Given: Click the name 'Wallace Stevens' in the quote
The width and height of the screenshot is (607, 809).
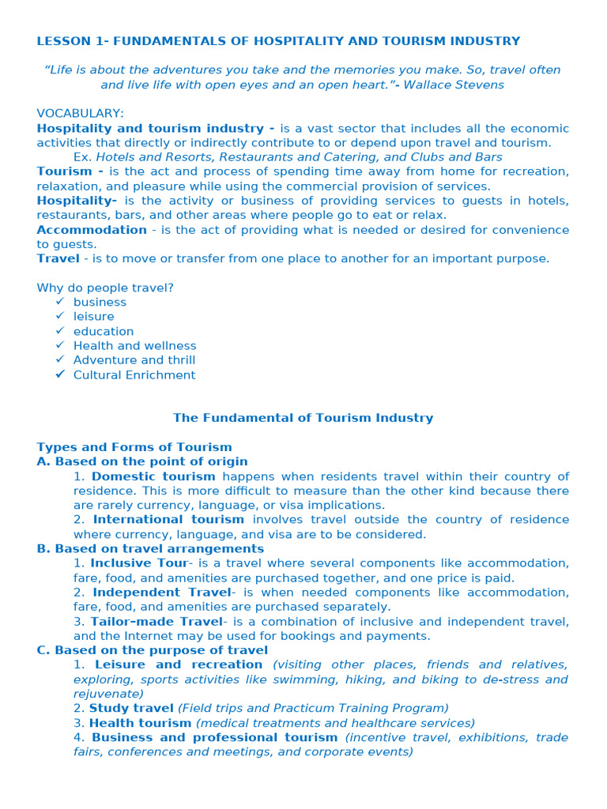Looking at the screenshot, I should coord(456,85).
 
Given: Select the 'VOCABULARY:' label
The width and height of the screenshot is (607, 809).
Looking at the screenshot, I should coord(80,114).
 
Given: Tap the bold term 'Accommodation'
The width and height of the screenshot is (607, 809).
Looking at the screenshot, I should coord(92,230).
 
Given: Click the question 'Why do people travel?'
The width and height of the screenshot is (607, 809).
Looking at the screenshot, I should coord(105,288).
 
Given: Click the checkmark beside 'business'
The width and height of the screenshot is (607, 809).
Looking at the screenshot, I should coord(60,302).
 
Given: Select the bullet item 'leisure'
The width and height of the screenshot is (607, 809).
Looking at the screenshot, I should coord(93,317).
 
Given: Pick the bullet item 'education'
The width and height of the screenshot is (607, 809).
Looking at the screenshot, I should coord(104,331).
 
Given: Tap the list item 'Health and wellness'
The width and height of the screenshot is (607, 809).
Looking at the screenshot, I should coord(134,345).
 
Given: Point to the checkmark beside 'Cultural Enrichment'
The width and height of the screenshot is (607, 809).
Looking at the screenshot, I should coord(60,374).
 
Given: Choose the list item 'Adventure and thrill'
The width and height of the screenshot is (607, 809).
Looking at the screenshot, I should coord(134,360).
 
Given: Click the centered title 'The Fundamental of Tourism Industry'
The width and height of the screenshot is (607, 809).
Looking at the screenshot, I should coord(303,418).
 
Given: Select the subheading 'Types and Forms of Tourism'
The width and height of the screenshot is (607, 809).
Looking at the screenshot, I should coord(134,447).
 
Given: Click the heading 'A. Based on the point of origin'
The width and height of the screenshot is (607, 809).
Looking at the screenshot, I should coord(142,461).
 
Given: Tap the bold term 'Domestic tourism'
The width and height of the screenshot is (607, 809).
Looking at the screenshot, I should coord(153,476).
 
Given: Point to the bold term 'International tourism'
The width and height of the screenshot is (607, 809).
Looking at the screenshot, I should coord(168,520).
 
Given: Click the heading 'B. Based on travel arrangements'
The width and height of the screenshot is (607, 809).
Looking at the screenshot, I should coord(150,548).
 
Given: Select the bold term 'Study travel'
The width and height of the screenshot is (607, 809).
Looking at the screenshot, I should coord(131,709).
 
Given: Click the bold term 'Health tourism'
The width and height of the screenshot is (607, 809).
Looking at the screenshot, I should coord(140,723).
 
